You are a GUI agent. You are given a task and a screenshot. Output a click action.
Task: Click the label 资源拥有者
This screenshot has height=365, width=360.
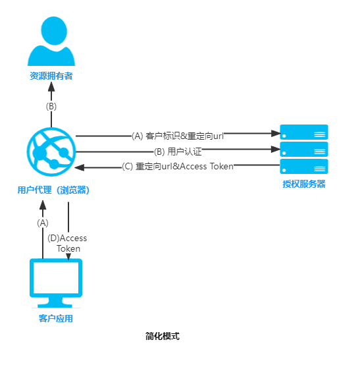pos(51,76)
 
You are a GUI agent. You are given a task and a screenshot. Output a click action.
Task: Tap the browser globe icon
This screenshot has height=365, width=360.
pos(51,152)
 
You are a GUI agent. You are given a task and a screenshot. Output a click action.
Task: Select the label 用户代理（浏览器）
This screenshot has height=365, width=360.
pos(53,190)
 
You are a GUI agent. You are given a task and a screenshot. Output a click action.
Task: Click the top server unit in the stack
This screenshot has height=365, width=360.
pos(304,132)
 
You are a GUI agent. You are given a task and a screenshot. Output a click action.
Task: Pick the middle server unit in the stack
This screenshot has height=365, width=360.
pos(304,150)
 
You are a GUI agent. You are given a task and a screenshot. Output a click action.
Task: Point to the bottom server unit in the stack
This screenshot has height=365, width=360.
pos(304,167)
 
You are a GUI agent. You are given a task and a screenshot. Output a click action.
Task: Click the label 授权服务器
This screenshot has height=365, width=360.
pos(304,184)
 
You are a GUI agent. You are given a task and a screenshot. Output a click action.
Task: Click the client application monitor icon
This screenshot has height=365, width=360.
pos(56,283)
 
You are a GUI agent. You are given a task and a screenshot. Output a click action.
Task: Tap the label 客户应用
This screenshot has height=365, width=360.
pos(56,318)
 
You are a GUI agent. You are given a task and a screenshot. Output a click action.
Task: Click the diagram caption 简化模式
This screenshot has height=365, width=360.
pos(163,336)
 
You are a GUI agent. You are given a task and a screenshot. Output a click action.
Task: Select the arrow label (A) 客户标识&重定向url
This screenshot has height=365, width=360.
pos(178,136)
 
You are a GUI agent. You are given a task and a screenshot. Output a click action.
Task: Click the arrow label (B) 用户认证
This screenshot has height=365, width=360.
pos(178,152)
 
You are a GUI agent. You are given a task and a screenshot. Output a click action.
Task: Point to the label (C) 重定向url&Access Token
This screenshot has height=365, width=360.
pos(178,167)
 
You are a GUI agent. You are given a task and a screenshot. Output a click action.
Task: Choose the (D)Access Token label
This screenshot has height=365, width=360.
pos(67,244)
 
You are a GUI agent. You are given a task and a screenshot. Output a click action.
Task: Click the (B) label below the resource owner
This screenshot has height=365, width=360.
pos(51,106)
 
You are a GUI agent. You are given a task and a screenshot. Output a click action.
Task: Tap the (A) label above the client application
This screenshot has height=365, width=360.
pos(43,223)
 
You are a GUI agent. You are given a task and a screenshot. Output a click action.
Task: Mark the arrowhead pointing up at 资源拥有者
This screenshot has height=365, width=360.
pos(51,86)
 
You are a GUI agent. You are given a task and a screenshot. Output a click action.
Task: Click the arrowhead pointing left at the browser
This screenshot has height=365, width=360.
pos(80,167)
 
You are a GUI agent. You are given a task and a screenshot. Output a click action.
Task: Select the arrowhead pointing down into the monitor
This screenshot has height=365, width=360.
pos(68,256)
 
